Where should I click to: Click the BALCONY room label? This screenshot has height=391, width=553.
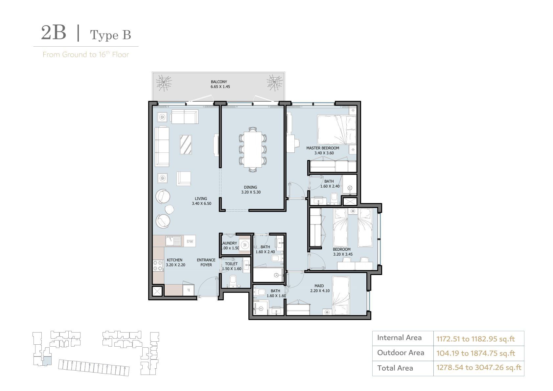(219, 82)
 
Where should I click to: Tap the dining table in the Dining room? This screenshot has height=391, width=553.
(253, 149)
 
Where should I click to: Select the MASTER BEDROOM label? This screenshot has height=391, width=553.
(323, 148)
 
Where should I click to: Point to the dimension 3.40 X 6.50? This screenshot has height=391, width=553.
(201, 204)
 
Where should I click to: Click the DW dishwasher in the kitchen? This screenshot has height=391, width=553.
(190, 241)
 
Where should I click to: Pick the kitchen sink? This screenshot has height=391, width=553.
(173, 241)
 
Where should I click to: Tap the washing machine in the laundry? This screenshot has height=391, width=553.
(245, 245)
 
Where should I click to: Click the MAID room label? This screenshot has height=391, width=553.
(319, 286)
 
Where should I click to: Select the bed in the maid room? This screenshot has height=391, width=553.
(341, 295)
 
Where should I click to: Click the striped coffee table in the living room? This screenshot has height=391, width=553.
(186, 145)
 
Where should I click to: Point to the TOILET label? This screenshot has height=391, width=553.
(231, 264)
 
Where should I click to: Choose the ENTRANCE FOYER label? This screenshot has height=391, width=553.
(206, 263)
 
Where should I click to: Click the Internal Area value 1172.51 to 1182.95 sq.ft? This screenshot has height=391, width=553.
(475, 339)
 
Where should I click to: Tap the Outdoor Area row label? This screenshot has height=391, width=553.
(401, 353)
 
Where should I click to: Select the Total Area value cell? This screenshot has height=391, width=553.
(479, 368)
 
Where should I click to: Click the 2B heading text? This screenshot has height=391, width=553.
(54, 33)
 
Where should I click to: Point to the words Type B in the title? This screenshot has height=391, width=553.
(110, 35)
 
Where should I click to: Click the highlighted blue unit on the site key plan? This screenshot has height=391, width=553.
(47, 360)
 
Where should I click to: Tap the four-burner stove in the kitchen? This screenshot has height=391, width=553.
(158, 266)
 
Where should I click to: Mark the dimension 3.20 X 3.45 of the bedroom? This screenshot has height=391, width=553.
(343, 254)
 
